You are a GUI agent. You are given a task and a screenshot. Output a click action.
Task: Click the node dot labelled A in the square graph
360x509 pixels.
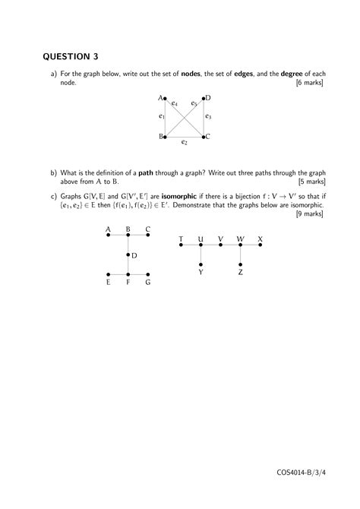[166, 99]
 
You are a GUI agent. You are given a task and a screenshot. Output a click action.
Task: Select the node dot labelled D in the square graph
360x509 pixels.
[204, 99]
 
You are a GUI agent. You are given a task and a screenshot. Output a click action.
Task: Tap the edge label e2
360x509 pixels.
[185, 141]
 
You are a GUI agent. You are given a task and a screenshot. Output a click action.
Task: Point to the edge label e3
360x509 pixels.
[208, 117]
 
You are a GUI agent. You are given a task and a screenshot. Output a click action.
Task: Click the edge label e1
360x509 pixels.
[161, 117]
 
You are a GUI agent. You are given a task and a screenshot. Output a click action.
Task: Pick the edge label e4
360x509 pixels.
[175, 103]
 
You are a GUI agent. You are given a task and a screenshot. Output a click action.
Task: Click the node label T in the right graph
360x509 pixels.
[181, 239]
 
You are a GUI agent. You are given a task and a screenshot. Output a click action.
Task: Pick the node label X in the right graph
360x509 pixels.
[261, 239]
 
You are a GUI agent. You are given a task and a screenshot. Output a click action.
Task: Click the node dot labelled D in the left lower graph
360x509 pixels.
[128, 255]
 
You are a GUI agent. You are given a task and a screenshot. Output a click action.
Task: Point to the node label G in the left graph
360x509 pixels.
[148, 283]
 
